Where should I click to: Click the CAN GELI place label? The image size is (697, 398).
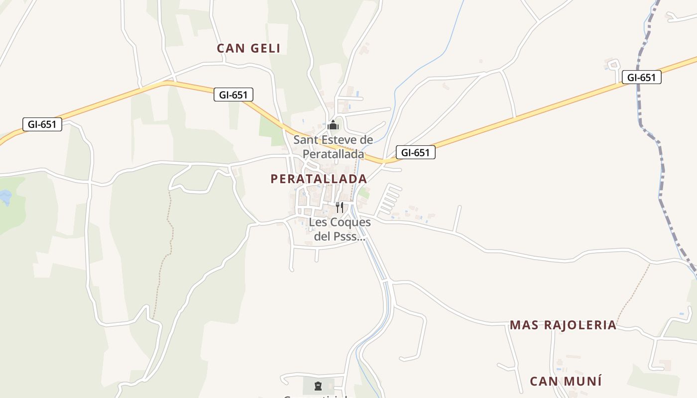[x=248, y=48]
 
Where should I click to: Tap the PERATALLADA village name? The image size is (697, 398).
[x=319, y=179]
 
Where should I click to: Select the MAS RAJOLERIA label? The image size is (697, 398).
[x=563, y=325]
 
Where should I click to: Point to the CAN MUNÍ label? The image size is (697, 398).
[x=566, y=382]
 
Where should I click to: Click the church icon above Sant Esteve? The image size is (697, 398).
[x=333, y=124]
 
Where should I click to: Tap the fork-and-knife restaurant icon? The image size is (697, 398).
[x=340, y=207]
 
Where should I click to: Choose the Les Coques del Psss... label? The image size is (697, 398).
[x=340, y=229]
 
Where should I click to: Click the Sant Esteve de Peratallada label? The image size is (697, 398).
[x=333, y=147]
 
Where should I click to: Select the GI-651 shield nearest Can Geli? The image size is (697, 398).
[x=233, y=95]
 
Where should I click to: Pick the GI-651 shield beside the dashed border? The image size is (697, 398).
[x=641, y=77]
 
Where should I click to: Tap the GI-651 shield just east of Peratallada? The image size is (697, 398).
[x=415, y=152]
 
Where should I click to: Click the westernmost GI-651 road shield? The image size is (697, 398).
[x=42, y=124]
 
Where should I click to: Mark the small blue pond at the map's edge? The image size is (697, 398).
[x=5, y=198]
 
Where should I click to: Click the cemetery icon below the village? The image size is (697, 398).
[x=318, y=386]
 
